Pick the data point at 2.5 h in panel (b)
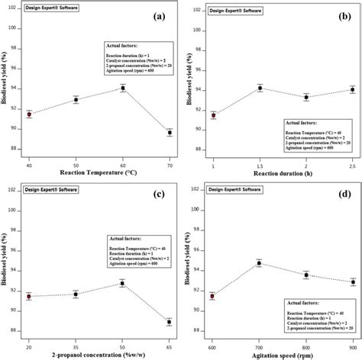[x=352, y=89]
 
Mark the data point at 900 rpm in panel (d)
[x=352, y=281]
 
